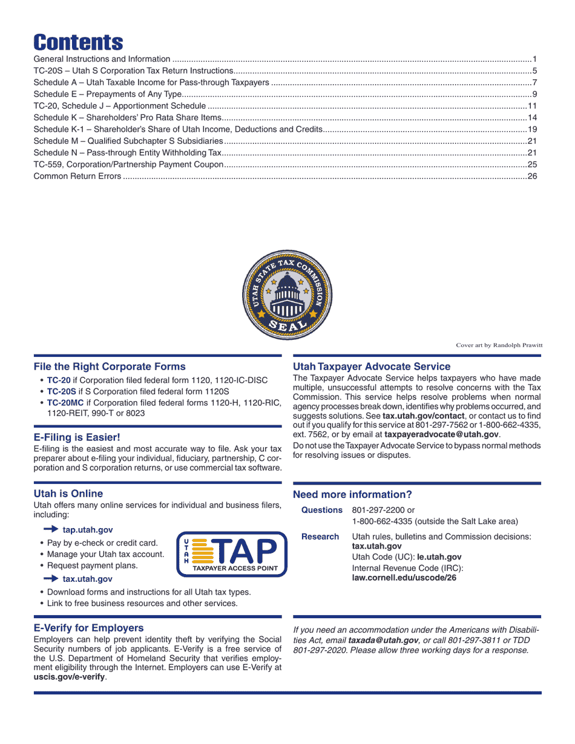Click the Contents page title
click(x=78, y=42)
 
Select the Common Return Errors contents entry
click(x=77, y=176)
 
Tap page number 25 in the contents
click(x=533, y=165)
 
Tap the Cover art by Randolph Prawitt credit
click(x=499, y=345)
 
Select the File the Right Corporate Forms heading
click(x=110, y=367)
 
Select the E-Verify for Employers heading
click(x=88, y=628)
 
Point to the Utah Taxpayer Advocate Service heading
click(x=372, y=367)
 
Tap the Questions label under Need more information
click(x=321, y=511)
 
